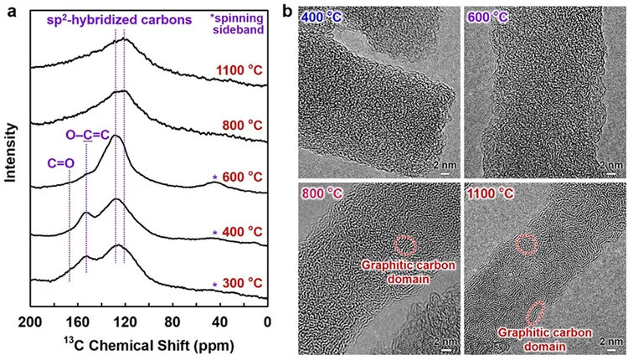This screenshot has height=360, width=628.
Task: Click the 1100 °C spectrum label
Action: pyautogui.click(x=239, y=70)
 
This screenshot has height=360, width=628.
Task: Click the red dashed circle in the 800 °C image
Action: pyautogui.click(x=405, y=245)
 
